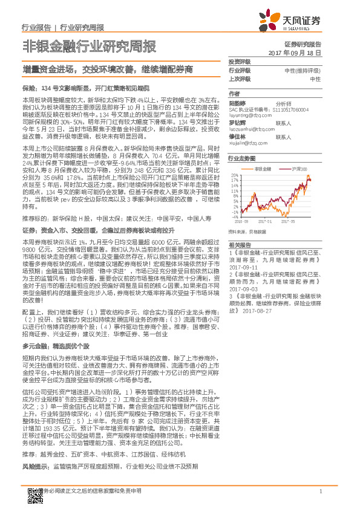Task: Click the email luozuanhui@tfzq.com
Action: point(249,129)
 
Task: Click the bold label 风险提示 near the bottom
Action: point(36,467)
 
